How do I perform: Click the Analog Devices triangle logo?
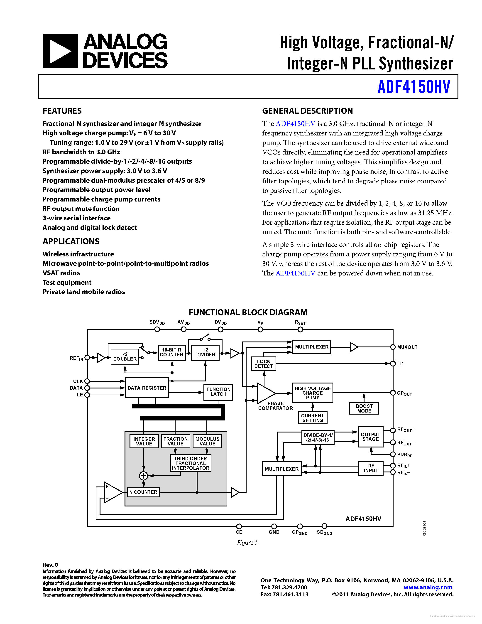pyautogui.click(x=60, y=51)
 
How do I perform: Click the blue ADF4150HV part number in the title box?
pyautogui.click(x=414, y=87)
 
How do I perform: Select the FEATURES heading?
pyautogui.click(x=62, y=111)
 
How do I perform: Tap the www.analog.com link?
pyautogui.click(x=428, y=587)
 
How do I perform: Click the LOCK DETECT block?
pyautogui.click(x=264, y=364)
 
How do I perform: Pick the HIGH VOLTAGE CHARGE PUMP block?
pyautogui.click(x=313, y=393)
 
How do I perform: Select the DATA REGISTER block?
pyautogui.click(x=147, y=388)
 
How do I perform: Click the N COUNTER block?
pyautogui.click(x=143, y=492)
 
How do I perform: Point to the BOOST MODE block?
pyautogui.click(x=364, y=408)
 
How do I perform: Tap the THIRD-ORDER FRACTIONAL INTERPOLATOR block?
pyautogui.click(x=191, y=463)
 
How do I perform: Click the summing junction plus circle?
pyautogui.click(x=143, y=476)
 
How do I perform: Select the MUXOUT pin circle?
pyautogui.click(x=393, y=347)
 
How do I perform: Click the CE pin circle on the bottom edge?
pyautogui.click(x=239, y=526)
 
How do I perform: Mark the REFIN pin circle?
pyautogui.click(x=87, y=358)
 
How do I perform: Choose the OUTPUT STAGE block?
pyautogui.click(x=370, y=437)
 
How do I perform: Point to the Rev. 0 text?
pyautogui.click(x=51, y=565)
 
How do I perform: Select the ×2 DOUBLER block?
pyautogui.click(x=125, y=357)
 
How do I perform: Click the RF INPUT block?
pyautogui.click(x=371, y=468)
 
